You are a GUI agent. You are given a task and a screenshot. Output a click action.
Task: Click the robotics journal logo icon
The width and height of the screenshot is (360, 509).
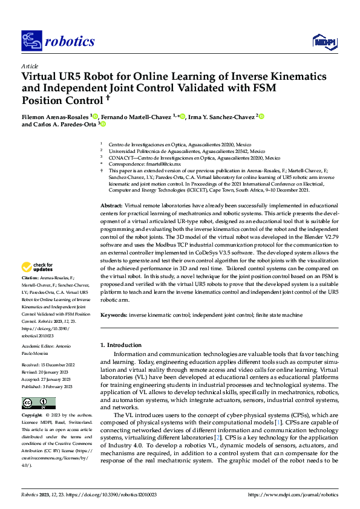coord(30,41)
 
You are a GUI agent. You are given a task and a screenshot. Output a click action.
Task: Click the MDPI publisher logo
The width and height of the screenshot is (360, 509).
coord(324,41)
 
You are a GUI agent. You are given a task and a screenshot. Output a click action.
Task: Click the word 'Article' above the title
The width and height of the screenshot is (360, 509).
coord(30,66)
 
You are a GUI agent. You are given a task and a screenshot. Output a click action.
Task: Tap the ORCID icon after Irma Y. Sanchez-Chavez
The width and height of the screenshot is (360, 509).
coord(261,115)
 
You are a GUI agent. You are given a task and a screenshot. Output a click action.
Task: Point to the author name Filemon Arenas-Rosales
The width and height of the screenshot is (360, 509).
coord(55,116)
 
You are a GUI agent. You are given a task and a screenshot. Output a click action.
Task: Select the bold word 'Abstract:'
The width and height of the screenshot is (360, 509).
coord(112,206)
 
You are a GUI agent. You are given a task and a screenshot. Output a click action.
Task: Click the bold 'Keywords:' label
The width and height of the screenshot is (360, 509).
coord(114,315)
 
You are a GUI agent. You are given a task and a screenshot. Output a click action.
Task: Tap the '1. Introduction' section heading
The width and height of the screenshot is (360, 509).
coord(120,345)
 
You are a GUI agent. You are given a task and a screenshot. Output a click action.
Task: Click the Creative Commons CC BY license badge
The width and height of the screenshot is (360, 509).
coord(38,403)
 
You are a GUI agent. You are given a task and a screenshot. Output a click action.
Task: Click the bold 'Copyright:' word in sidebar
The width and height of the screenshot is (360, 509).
coord(32,417)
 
